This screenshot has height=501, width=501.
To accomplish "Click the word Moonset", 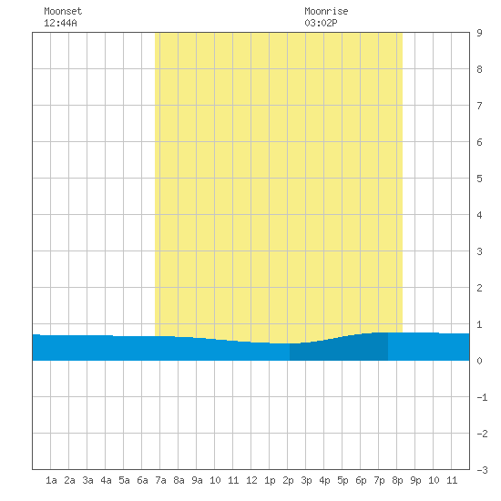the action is [63, 11].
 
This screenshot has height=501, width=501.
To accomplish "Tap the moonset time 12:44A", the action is [60, 23].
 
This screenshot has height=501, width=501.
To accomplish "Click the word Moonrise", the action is [326, 11].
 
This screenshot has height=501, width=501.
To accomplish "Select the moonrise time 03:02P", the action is [321, 23].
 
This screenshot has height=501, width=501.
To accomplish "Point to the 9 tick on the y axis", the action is [479, 33].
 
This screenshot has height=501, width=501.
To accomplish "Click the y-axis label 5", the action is [479, 179].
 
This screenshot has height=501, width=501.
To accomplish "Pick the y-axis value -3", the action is [482, 470].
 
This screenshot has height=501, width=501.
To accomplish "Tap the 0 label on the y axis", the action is [479, 361].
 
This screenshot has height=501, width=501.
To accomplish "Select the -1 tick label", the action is [482, 397].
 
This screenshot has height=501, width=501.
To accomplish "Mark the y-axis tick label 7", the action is [479, 106].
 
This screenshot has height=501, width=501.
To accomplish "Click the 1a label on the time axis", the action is [51, 480].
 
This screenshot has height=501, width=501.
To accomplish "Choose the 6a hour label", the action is [142, 480].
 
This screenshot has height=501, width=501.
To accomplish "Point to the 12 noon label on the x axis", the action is [251, 480].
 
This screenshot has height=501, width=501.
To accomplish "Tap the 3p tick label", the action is [306, 480].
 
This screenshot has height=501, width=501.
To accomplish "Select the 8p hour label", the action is [397, 480].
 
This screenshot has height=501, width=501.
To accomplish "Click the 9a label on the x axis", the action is [197, 480].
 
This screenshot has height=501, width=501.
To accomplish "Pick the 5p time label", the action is [343, 480].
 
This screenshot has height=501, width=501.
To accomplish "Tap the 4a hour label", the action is [106, 480].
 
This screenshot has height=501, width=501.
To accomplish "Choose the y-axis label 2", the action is [479, 288].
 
